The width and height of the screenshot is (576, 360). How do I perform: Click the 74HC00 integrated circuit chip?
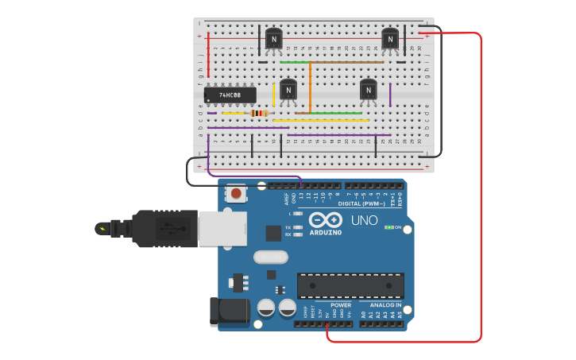coord(230,95)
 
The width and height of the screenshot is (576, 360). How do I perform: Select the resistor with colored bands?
coord(259,114)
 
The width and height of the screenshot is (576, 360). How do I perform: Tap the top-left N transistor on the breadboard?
coord(273,38)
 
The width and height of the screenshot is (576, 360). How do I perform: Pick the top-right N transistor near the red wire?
coord(390,38)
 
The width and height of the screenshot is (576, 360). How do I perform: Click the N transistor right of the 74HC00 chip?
coord(288,90)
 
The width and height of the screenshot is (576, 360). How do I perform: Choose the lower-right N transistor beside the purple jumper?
coord(368,90)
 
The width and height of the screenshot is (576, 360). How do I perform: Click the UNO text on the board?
coord(365,220)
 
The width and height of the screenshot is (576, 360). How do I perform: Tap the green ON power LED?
coord(389,227)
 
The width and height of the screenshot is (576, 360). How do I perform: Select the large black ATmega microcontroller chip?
coord(350,285)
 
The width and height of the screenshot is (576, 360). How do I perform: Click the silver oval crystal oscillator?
coord(270,257)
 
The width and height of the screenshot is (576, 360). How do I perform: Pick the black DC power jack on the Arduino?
coord(229,312)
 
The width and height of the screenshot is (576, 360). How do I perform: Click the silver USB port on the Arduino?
coord(216,227)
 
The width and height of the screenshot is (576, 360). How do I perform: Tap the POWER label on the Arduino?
coord(341,305)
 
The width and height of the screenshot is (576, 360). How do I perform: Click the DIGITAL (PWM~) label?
coord(361,203)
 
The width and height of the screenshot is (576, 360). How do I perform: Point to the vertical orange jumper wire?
coord(310,86)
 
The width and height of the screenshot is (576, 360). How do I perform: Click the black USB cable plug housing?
coord(163,228)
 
